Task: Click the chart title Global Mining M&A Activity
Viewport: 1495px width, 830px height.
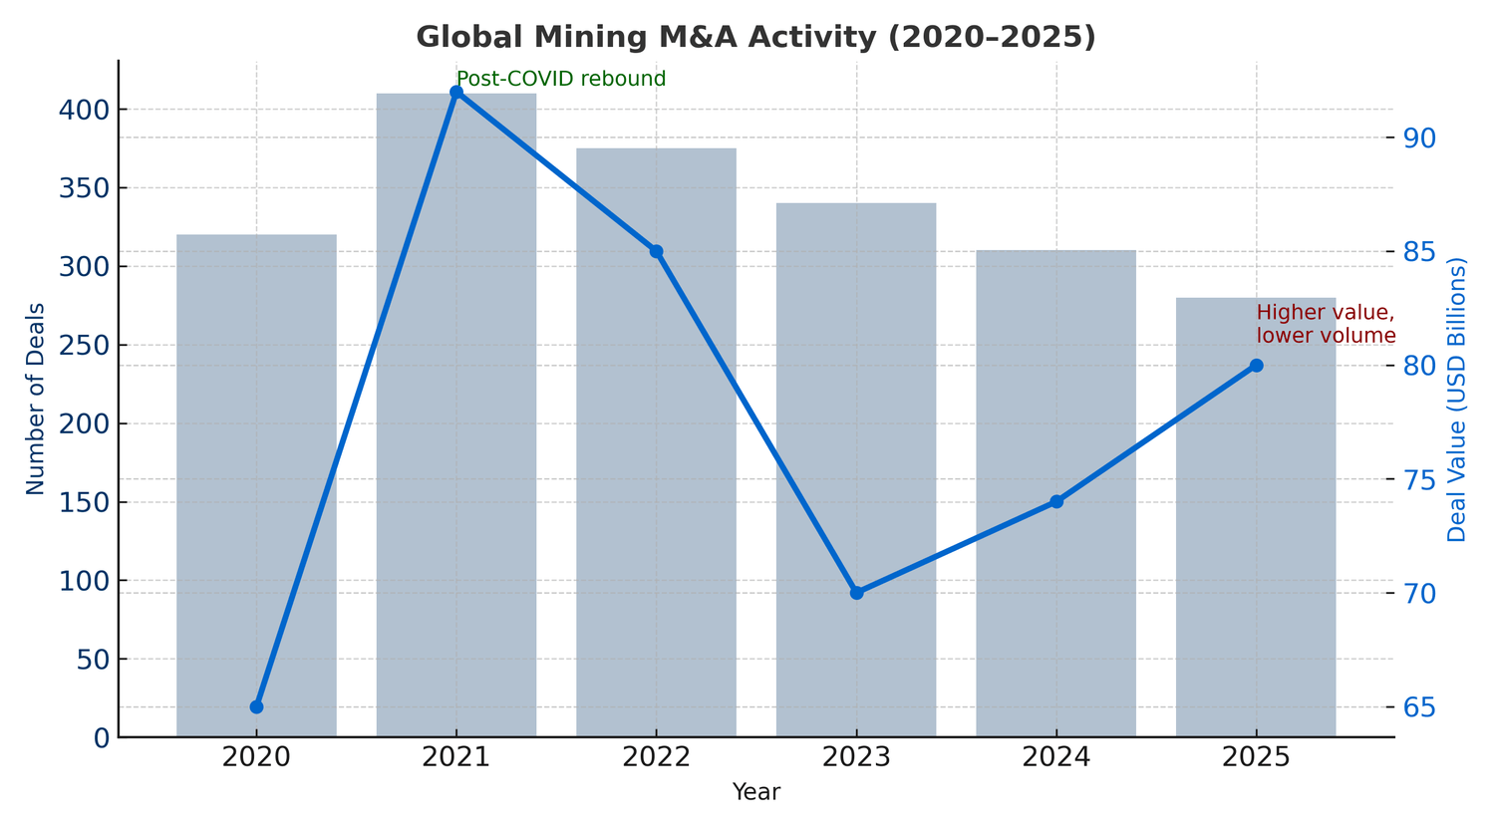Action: point(755,37)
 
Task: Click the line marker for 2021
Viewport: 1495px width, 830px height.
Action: point(456,93)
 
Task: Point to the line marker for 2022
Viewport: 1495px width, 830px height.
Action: point(656,251)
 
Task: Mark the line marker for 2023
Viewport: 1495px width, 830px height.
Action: point(856,593)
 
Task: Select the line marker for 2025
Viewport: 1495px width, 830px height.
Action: point(1256,366)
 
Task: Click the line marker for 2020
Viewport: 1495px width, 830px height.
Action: point(256,706)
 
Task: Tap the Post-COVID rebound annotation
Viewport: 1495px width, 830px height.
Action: point(561,79)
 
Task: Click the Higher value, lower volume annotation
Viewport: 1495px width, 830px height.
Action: point(1326,324)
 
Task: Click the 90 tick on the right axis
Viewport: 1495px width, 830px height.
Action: point(1419,138)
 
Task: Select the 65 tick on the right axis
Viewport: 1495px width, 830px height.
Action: point(1419,707)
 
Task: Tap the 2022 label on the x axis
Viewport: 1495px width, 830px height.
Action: point(656,757)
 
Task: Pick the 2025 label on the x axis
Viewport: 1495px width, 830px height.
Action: point(1256,757)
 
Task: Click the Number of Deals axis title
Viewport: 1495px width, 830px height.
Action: point(36,399)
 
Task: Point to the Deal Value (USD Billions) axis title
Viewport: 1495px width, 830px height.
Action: point(1457,399)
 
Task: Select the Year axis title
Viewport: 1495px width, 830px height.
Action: point(755,793)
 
